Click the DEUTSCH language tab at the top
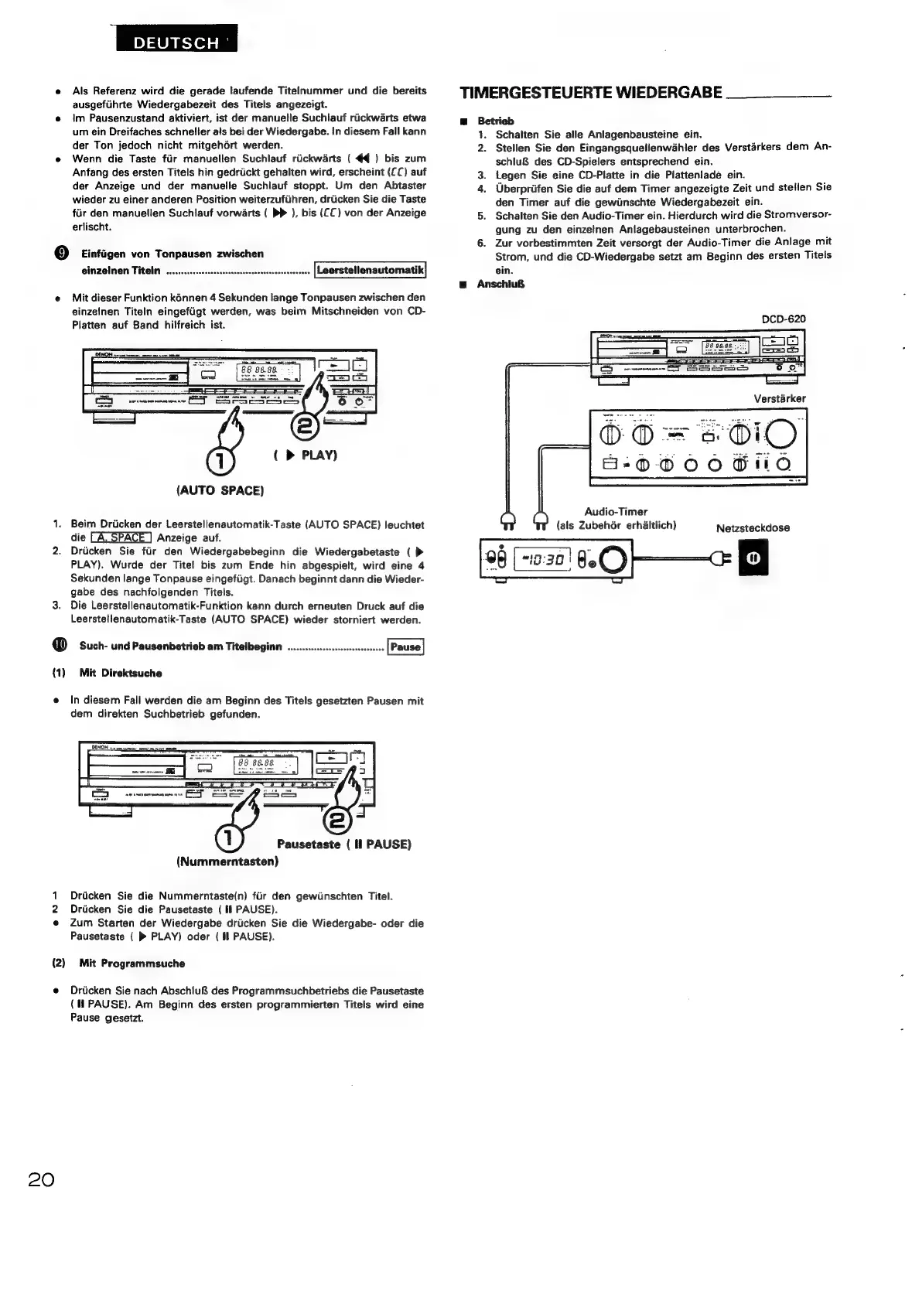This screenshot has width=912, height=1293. pos(176,43)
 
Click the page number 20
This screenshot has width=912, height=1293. pos(42,1180)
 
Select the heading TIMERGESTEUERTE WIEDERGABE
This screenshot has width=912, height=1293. pos(591,94)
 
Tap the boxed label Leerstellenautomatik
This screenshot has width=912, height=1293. pos(371,270)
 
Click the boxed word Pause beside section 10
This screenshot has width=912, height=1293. pos(405,646)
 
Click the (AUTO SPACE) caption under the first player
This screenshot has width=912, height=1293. pos(220,490)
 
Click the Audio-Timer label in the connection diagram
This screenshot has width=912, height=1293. pos(616,511)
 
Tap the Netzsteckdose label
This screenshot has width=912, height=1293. pos(753,528)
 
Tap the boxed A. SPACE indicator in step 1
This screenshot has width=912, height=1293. pos(120,537)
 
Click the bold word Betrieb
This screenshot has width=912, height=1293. pos(496,121)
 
